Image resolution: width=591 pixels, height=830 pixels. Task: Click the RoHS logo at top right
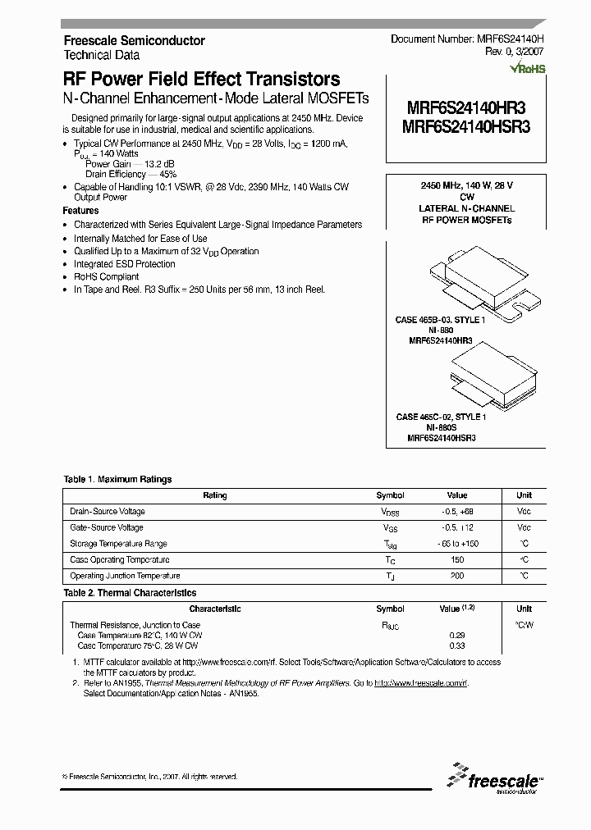pos(528,69)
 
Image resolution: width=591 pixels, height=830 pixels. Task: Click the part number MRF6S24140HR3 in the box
pos(466,107)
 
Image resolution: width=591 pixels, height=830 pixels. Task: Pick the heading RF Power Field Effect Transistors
pos(201,80)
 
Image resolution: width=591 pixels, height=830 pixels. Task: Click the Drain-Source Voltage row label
pos(108,512)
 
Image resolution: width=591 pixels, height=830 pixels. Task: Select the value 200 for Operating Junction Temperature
pos(456,576)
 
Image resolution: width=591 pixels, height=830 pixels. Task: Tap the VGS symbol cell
pos(390,528)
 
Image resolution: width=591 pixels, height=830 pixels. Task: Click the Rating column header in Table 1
pos(215,495)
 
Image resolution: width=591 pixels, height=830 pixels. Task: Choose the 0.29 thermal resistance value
pos(456,635)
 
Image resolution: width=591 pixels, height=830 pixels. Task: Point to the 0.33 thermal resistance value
pos(456,645)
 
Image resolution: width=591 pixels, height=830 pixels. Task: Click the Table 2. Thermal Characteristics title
pos(131,592)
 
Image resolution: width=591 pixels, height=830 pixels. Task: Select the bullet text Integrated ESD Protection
pos(125,264)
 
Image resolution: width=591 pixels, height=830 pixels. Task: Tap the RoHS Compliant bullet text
pos(107,277)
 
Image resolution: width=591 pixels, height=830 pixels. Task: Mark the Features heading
pos(80,211)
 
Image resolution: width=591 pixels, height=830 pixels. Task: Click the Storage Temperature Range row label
pos(119,544)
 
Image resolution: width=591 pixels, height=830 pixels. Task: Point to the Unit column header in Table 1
pos(524,495)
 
